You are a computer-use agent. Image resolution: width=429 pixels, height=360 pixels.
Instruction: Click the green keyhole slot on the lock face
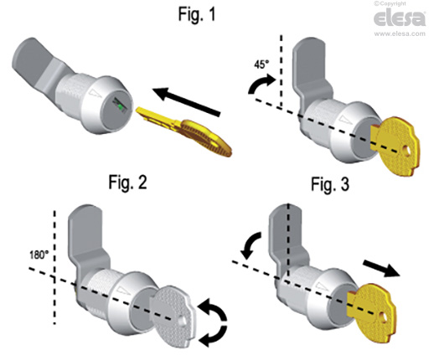click(120, 107)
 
